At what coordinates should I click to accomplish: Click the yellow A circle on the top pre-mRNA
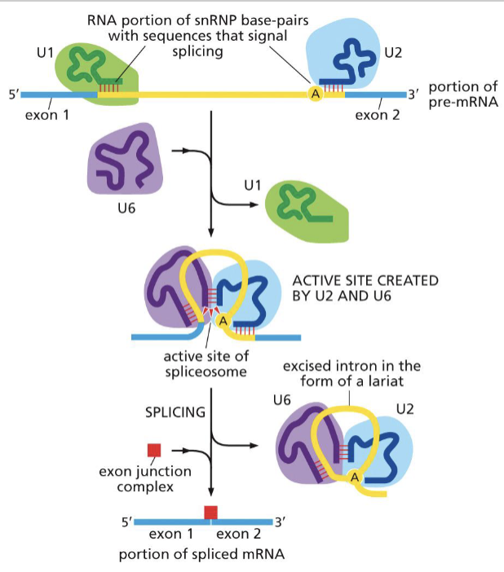[314, 95]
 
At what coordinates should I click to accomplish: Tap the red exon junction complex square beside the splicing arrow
[153, 450]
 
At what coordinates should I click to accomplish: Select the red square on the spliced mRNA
[211, 512]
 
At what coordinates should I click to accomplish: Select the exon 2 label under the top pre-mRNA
[378, 115]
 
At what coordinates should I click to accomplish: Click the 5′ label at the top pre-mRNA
[14, 95]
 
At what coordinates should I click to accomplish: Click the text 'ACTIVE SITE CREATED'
[365, 280]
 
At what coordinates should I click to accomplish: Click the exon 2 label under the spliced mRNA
[238, 535]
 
